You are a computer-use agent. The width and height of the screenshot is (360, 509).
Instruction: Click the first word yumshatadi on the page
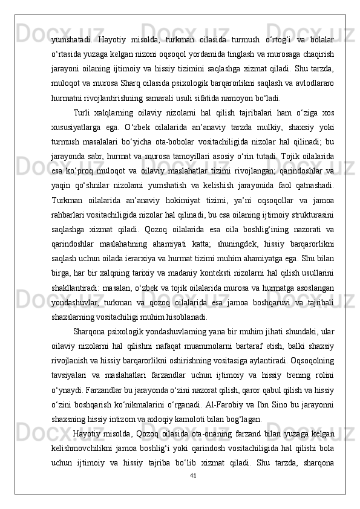click(71, 39)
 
